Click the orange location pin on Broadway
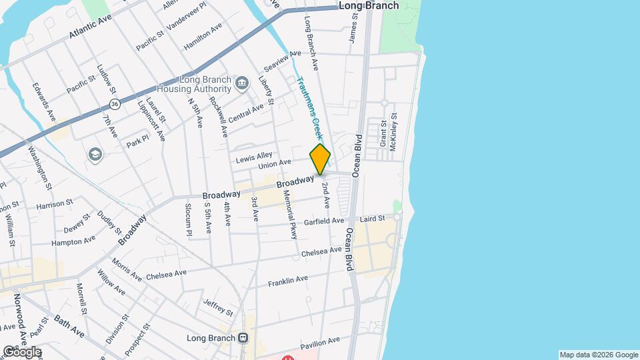[320, 159]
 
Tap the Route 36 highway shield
[115, 104]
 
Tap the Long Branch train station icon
[243, 338]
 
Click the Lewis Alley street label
[254, 160]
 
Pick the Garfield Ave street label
[324, 221]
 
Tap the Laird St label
[372, 218]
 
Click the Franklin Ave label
[288, 281]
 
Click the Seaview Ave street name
[278, 65]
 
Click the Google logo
[21, 352]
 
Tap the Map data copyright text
[598, 355]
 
